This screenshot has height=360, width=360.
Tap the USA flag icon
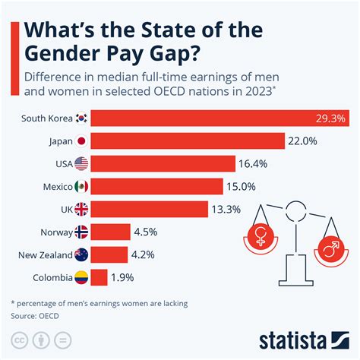pyautogui.click(x=81, y=164)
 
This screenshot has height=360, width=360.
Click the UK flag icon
pyautogui.click(x=81, y=210)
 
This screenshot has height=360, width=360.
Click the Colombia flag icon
pyautogui.click(x=81, y=278)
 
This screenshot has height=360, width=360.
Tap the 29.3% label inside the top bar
pyautogui.click(x=330, y=118)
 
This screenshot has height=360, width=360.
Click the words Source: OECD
pyautogui.click(x=34, y=314)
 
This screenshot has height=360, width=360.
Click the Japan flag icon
pyautogui.click(x=81, y=141)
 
